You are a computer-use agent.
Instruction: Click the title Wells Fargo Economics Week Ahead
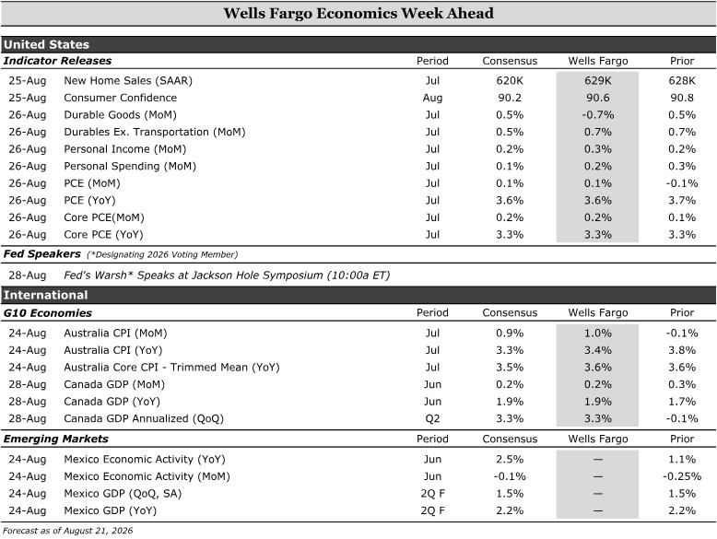pyautogui.click(x=358, y=13)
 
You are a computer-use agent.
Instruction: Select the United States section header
pyautogui.click(x=46, y=44)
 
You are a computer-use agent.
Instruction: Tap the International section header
pyautogui.click(x=45, y=295)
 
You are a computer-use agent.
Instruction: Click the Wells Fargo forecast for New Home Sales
pyautogui.click(x=597, y=80)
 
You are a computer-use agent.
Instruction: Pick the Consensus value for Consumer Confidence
pyautogui.click(x=510, y=98)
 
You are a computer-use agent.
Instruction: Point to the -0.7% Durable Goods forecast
pyautogui.click(x=597, y=115)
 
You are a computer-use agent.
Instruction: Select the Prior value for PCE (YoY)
pyautogui.click(x=682, y=200)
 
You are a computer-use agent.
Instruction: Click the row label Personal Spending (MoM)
pyautogui.click(x=130, y=167)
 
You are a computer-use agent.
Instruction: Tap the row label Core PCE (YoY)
pyautogui.click(x=103, y=235)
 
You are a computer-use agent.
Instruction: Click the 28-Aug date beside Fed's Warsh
pyautogui.click(x=28, y=275)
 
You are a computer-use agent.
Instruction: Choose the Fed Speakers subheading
pyautogui.click(x=42, y=253)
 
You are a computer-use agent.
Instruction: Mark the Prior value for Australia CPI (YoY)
pyautogui.click(x=682, y=350)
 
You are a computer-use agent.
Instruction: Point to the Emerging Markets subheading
pyautogui.click(x=56, y=439)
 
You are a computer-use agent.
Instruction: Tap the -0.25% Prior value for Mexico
pyautogui.click(x=682, y=476)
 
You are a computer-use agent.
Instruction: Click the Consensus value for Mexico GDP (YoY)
pyautogui.click(x=510, y=510)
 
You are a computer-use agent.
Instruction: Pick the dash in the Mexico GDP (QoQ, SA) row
pyautogui.click(x=597, y=494)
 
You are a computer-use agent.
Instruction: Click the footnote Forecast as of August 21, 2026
pyautogui.click(x=67, y=531)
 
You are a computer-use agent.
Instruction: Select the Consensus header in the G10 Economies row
pyautogui.click(x=510, y=312)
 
